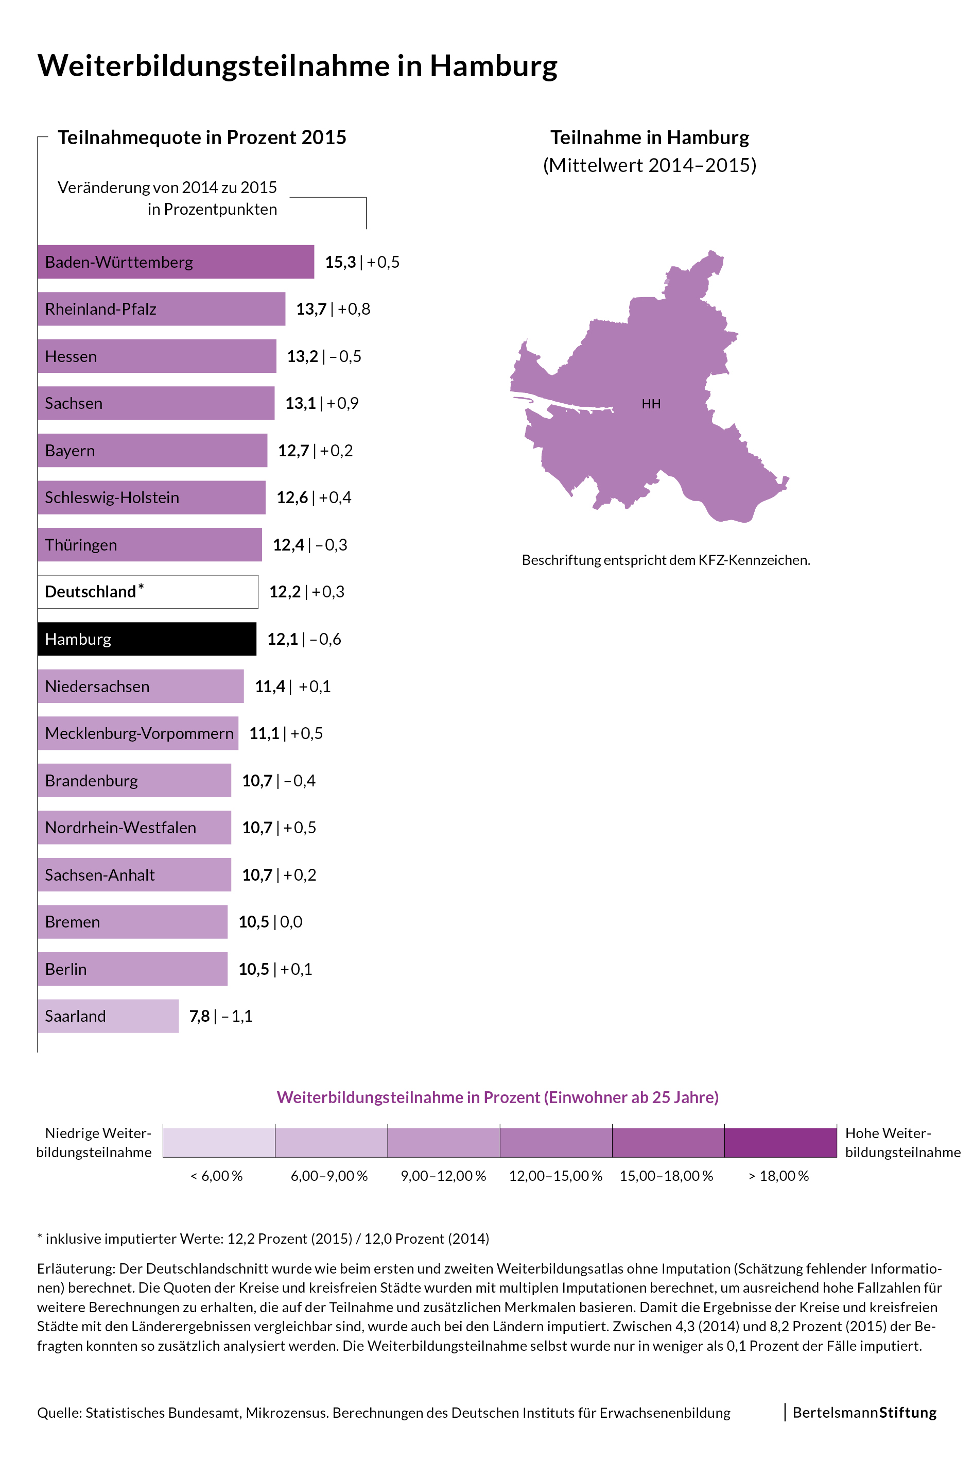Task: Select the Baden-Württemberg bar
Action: pos(176,262)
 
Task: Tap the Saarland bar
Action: pos(108,1016)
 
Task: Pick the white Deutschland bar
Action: pos(148,592)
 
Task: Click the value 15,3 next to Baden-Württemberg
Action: pos(340,262)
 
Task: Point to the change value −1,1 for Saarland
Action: pos(236,1016)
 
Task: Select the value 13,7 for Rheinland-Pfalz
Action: pos(311,309)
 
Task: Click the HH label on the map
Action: pos(651,404)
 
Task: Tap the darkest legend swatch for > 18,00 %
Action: pos(780,1143)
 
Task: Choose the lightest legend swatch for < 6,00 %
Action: pos(219,1143)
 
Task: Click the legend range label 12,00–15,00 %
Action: pos(555,1176)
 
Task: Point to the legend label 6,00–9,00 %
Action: pos(329,1176)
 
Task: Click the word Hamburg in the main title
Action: pos(493,66)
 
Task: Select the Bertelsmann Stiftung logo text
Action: pos(864,1413)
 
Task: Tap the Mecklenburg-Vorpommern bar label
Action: pos(139,733)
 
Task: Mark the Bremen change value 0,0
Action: pos(291,922)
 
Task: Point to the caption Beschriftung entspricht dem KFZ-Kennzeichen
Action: pos(666,560)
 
